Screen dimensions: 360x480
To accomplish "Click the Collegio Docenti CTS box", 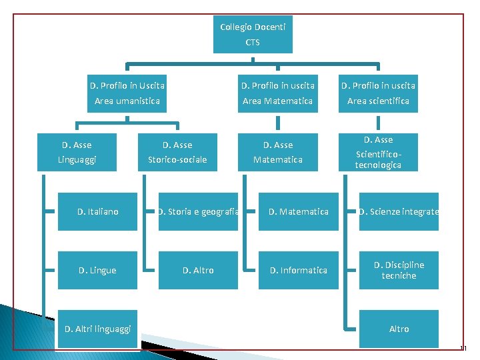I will click(x=253, y=34).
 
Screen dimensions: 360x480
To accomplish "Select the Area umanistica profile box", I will click(x=127, y=93).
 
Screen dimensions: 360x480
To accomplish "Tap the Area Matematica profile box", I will click(x=277, y=93).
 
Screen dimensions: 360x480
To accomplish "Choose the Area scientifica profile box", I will click(x=378, y=93).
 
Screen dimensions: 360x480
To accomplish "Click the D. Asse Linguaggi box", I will click(x=77, y=152).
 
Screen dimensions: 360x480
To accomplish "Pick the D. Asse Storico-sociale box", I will click(x=177, y=152).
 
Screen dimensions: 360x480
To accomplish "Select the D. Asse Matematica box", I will click(x=277, y=152).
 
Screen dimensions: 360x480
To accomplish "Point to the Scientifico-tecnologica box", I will click(x=378, y=152).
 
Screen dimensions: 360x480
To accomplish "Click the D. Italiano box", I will click(x=97, y=211).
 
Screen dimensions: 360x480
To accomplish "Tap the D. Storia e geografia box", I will click(x=198, y=211).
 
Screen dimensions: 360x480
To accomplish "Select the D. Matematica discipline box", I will click(x=299, y=211).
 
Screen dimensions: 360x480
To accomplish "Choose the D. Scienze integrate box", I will click(x=399, y=211).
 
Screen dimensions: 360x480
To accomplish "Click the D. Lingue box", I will click(x=97, y=270).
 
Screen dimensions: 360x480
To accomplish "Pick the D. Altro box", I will click(x=198, y=270).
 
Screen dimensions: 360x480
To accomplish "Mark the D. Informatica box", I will click(x=299, y=270).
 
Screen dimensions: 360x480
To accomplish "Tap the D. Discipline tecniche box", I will click(x=399, y=270).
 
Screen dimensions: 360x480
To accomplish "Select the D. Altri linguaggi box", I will click(x=97, y=329).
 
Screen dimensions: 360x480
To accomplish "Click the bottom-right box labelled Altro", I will click(x=399, y=329).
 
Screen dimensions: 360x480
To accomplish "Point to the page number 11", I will click(x=464, y=349).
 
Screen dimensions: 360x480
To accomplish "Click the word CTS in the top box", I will click(x=253, y=43).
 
